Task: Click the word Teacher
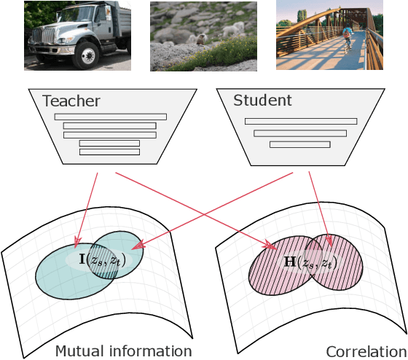pyautogui.click(x=71, y=101)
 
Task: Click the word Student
pyautogui.click(x=262, y=100)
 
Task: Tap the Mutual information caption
pyautogui.click(x=123, y=351)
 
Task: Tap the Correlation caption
pyautogui.click(x=365, y=351)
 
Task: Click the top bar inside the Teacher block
pyautogui.click(x=110, y=117)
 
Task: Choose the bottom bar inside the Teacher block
pyautogui.click(x=109, y=152)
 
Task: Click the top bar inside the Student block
pyautogui.click(x=300, y=121)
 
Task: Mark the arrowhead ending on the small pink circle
pyautogui.click(x=329, y=241)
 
